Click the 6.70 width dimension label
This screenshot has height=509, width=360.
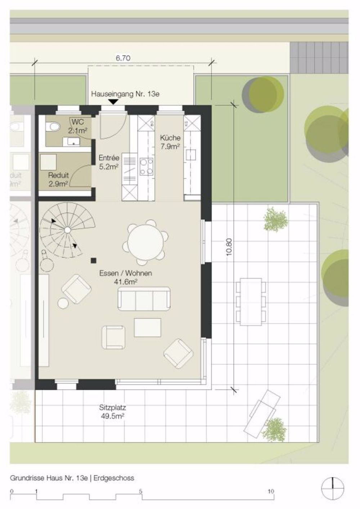coord(122,58)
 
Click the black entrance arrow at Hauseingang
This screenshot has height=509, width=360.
coord(113,102)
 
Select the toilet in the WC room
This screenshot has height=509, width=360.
coord(54,127)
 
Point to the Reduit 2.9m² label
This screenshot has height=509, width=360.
coord(59,180)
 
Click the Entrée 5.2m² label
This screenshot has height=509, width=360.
coord(109,162)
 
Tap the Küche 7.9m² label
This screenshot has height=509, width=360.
coord(170,142)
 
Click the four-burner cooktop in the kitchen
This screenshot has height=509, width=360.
coord(146,166)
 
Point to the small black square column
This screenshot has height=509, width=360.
coord(94,260)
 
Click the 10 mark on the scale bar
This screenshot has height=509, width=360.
coord(271,491)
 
